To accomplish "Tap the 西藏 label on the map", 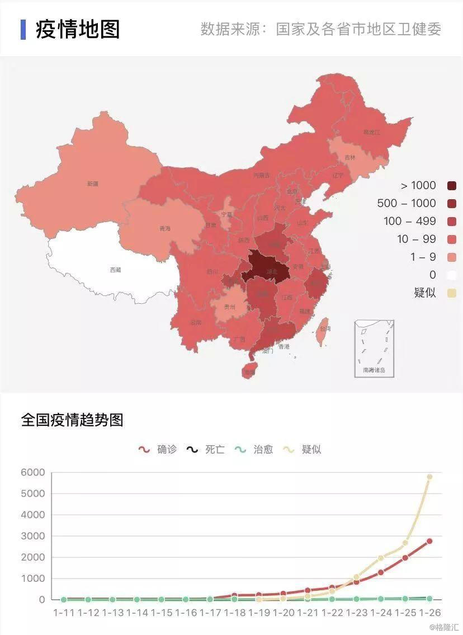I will [x=115, y=270].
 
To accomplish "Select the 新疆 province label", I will [x=92, y=184].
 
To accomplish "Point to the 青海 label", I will [x=164, y=228].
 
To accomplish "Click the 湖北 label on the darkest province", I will [x=272, y=271].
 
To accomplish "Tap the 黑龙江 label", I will [x=371, y=133].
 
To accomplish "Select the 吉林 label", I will [x=350, y=158].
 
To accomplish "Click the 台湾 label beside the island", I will [x=324, y=328].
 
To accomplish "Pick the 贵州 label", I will [x=230, y=307].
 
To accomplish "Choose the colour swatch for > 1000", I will [x=452, y=186].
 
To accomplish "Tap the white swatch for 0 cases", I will [x=452, y=275].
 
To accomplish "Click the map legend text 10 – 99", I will [x=416, y=239].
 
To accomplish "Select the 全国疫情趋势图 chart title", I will [x=72, y=420].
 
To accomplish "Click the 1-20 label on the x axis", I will [x=284, y=613].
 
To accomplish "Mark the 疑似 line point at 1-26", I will [x=429, y=477].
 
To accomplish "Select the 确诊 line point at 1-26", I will [x=429, y=541].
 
